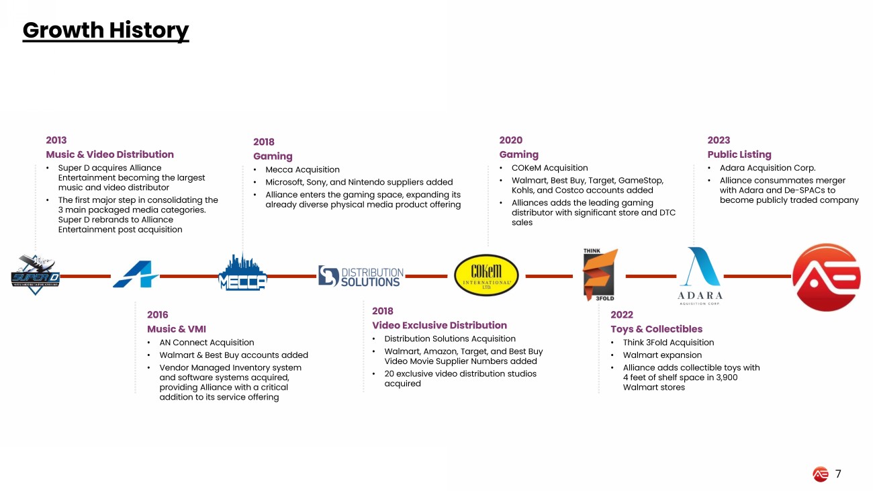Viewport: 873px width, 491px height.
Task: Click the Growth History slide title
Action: pyautogui.click(x=105, y=30)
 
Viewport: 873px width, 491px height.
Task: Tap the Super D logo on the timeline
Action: pyautogui.click(x=36, y=275)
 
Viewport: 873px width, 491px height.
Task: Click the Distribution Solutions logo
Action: pyautogui.click(x=361, y=276)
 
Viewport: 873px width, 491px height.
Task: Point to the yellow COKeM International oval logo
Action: pyautogui.click(x=486, y=276)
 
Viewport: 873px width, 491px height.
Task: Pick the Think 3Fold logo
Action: pyautogui.click(x=600, y=275)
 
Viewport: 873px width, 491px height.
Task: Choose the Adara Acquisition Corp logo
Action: pyautogui.click(x=700, y=275)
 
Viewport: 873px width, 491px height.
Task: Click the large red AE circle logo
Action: pyautogui.click(x=826, y=277)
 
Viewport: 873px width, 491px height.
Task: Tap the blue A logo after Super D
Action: pyautogui.click(x=135, y=275)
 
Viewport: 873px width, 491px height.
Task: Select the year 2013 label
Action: pyautogui.click(x=56, y=140)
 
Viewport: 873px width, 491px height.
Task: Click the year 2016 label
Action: pyautogui.click(x=158, y=314)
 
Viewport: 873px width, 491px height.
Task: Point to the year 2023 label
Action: pyautogui.click(x=719, y=140)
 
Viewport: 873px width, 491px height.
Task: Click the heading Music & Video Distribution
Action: pyautogui.click(x=109, y=154)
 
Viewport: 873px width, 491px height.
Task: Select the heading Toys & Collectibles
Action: pyautogui.click(x=656, y=329)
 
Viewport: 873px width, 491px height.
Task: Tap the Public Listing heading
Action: pyautogui.click(x=739, y=154)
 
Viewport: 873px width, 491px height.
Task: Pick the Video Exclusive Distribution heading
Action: pyautogui.click(x=439, y=325)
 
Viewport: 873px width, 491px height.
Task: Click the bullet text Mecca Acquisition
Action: pyautogui.click(x=302, y=170)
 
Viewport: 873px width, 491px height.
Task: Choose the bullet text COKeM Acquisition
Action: pyautogui.click(x=549, y=168)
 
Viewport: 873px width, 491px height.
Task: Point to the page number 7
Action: pyautogui.click(x=838, y=474)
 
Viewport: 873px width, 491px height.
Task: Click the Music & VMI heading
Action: pyautogui.click(x=177, y=329)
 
